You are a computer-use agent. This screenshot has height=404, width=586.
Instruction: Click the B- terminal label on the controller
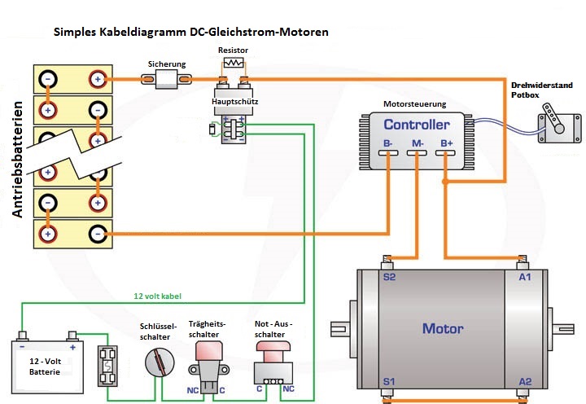[x=388, y=145]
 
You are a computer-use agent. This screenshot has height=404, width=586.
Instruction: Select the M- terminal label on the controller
[x=418, y=145]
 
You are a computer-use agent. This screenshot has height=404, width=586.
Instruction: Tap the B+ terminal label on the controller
[x=446, y=145]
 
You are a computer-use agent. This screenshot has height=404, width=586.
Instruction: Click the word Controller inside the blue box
[x=416, y=125]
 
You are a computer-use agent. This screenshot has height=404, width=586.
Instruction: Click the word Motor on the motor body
[x=443, y=329]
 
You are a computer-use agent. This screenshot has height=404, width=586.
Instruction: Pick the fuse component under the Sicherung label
[x=167, y=79]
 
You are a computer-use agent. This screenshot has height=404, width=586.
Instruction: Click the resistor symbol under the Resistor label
[x=234, y=63]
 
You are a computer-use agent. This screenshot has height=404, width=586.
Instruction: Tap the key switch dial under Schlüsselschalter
[x=158, y=361]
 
